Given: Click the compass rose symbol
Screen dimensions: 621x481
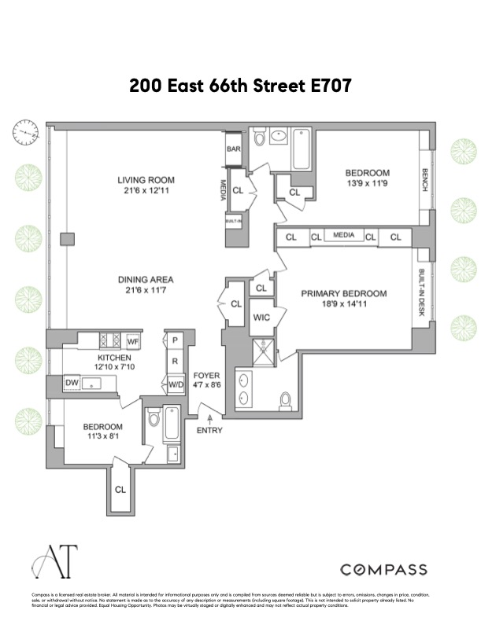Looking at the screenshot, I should point(25,133).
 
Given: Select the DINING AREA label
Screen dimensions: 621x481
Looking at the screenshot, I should point(146,279).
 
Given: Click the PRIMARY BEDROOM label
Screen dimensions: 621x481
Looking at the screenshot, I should point(344,294).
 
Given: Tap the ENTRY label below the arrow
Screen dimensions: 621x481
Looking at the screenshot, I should point(210,430).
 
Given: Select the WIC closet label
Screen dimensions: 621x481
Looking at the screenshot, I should point(262,318).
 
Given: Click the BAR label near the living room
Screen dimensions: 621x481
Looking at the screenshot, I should point(234,149).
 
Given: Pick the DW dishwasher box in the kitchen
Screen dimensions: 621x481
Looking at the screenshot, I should point(72,383).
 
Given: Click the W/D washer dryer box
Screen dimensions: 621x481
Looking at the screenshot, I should point(176,384).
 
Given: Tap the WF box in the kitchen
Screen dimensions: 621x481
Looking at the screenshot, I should point(133,341).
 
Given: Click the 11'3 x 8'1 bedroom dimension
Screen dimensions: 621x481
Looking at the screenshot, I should point(104,439).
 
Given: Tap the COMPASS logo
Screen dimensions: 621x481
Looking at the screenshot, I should point(383,569).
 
